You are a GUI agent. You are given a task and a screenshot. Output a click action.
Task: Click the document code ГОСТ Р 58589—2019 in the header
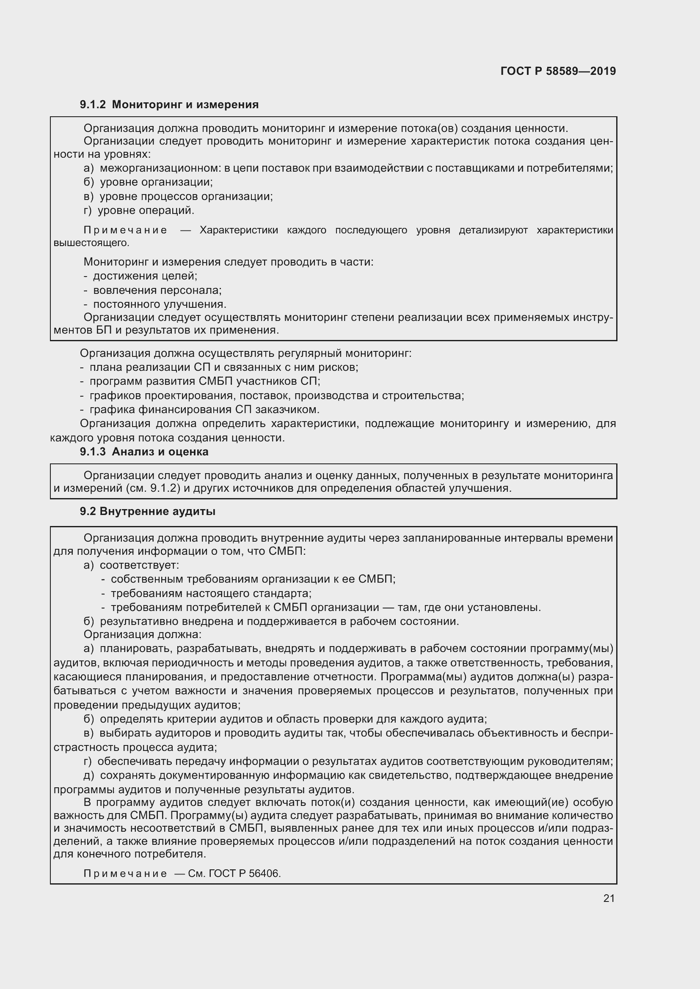coord(558,71)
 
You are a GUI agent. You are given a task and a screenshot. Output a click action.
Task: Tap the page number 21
coord(609,898)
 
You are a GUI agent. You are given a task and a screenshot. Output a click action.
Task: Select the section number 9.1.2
coord(93,105)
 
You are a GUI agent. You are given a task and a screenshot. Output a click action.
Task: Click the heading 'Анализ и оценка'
coord(160,452)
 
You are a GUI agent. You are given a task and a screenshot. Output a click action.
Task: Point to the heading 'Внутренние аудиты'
coord(157,511)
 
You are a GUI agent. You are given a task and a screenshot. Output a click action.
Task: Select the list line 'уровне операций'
coord(146,211)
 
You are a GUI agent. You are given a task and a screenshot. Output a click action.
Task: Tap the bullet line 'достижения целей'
coord(145,276)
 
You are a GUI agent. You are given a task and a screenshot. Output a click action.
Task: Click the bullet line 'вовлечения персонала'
coord(157,290)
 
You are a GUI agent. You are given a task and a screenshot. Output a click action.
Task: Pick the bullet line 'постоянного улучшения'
coord(160,304)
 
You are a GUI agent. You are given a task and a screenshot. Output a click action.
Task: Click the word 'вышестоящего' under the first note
coord(91,243)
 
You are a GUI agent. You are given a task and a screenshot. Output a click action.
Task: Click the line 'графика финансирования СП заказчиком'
coord(204,409)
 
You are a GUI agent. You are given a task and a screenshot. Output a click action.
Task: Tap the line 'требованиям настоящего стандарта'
coord(211,594)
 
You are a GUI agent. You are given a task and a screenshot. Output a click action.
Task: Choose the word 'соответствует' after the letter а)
coord(139,565)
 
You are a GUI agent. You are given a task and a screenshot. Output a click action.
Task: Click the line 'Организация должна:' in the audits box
coord(142,635)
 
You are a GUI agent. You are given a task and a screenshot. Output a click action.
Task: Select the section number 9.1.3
coord(93,452)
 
